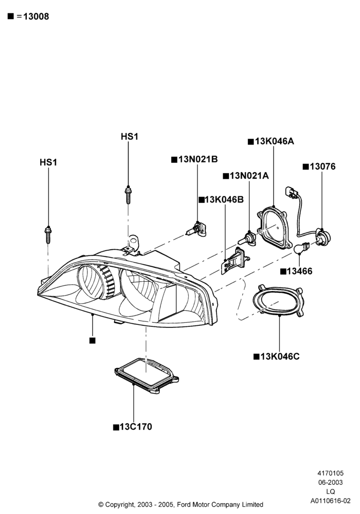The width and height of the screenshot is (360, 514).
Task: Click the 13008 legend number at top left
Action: (x=35, y=16)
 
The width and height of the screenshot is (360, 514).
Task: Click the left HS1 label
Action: (x=48, y=162)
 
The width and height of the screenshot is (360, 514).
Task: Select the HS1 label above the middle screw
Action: (x=130, y=136)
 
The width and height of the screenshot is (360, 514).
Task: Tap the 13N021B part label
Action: (x=198, y=159)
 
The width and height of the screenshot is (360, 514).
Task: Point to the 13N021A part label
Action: (x=249, y=176)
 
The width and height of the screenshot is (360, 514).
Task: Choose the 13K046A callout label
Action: (x=275, y=141)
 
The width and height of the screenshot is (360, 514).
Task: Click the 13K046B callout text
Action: (x=224, y=199)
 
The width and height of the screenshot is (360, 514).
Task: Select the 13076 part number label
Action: (x=322, y=167)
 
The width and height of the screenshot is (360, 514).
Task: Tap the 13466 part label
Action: (x=300, y=271)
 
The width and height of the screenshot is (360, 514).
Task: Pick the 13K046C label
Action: (x=280, y=356)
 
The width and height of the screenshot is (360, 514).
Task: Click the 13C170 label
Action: (x=136, y=427)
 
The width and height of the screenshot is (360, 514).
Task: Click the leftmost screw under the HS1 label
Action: (x=48, y=235)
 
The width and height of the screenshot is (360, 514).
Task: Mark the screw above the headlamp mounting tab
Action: (x=128, y=195)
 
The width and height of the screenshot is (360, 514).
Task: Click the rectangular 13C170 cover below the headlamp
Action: (x=147, y=376)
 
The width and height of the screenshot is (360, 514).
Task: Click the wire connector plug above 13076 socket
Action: (x=291, y=192)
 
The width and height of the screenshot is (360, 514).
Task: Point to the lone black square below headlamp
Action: (x=93, y=341)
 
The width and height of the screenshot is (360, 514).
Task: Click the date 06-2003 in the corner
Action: (x=331, y=482)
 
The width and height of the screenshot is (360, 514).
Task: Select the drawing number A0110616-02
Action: (x=331, y=501)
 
